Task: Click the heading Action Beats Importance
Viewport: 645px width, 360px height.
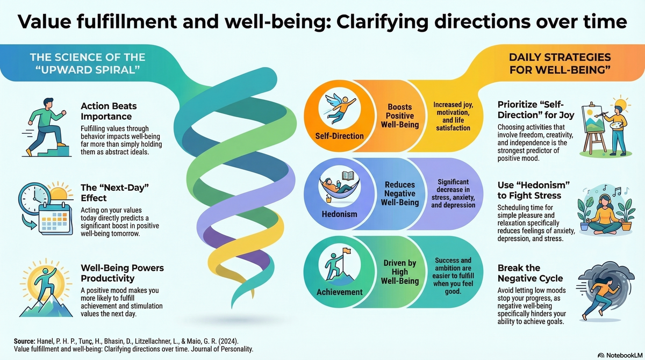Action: tap(106, 111)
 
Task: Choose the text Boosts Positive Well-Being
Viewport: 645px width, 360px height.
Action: tap(400, 116)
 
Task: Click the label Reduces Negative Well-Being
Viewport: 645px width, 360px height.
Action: tap(400, 194)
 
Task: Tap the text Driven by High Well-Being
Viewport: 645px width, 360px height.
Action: tap(400, 272)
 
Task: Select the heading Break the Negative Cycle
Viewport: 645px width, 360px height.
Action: tap(530, 273)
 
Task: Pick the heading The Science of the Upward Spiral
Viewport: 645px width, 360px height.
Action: tap(81, 61)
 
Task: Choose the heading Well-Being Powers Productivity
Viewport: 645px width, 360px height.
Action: tap(122, 272)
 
